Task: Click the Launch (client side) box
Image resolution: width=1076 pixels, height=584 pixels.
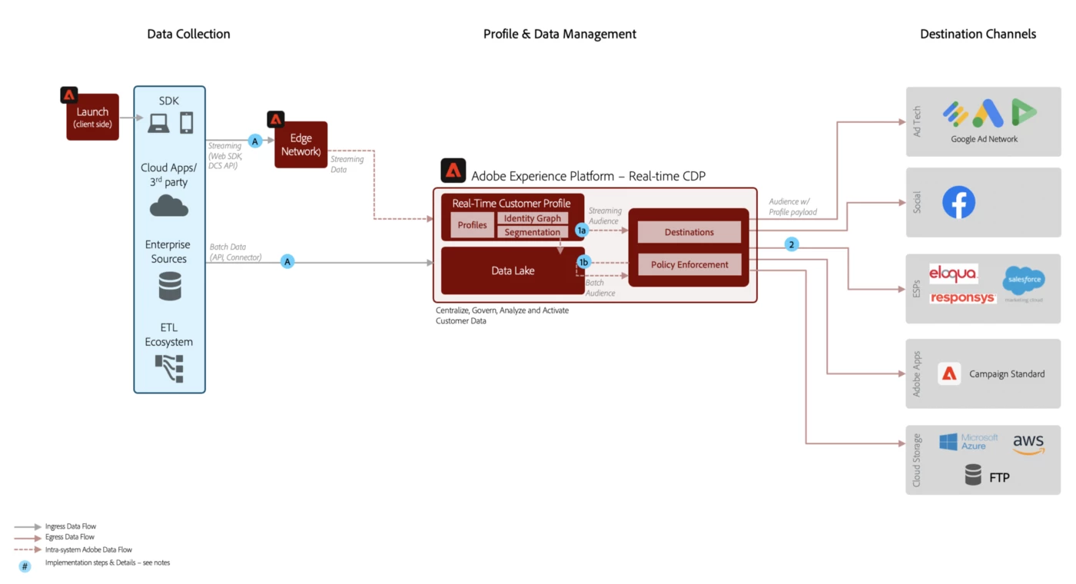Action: tap(93, 117)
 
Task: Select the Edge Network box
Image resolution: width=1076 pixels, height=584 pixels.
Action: tap(301, 144)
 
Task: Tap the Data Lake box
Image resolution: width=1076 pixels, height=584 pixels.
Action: tap(513, 270)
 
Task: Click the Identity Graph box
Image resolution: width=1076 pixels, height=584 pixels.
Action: tap(533, 218)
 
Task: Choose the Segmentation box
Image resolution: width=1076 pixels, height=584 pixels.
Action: tap(533, 232)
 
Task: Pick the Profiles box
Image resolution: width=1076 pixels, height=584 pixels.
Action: tap(473, 225)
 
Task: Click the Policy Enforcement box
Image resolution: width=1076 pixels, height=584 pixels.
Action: tap(689, 264)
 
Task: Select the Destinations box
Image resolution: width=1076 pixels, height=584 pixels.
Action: tap(689, 232)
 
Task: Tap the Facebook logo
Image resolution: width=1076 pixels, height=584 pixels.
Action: tap(958, 202)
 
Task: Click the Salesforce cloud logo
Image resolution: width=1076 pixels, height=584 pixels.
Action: tap(1024, 280)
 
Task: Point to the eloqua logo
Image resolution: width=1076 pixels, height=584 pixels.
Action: tap(953, 274)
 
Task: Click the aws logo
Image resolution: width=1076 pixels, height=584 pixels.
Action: tap(1028, 443)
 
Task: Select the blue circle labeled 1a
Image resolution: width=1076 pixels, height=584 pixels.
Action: tap(582, 231)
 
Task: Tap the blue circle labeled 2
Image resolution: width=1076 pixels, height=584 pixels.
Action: tap(792, 244)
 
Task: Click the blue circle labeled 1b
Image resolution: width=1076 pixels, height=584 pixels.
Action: tap(583, 262)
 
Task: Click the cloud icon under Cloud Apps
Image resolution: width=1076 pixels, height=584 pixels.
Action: tap(169, 206)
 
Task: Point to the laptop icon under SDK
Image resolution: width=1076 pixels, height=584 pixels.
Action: tap(158, 123)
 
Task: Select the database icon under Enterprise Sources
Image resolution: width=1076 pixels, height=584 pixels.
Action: tap(170, 287)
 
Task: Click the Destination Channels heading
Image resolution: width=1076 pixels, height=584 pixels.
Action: tap(978, 34)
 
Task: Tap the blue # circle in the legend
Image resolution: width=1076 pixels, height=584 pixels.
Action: tap(25, 566)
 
